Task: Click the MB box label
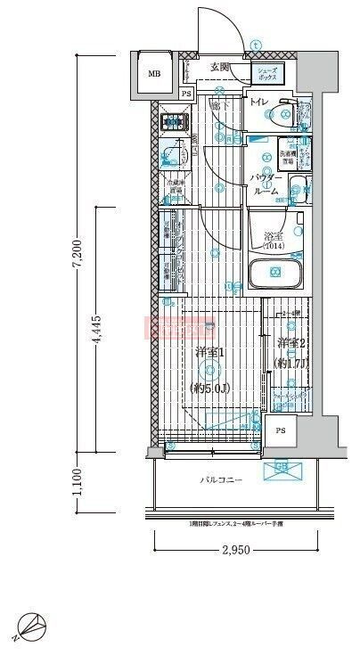pos(154,74)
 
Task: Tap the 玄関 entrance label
pos(220,67)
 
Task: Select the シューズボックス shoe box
pos(268,74)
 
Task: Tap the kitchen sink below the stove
pos(169,158)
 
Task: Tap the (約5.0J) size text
pos(210,389)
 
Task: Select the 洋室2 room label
pos(290,343)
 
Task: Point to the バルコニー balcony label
pos(219,480)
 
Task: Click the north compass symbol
pos(29,628)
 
